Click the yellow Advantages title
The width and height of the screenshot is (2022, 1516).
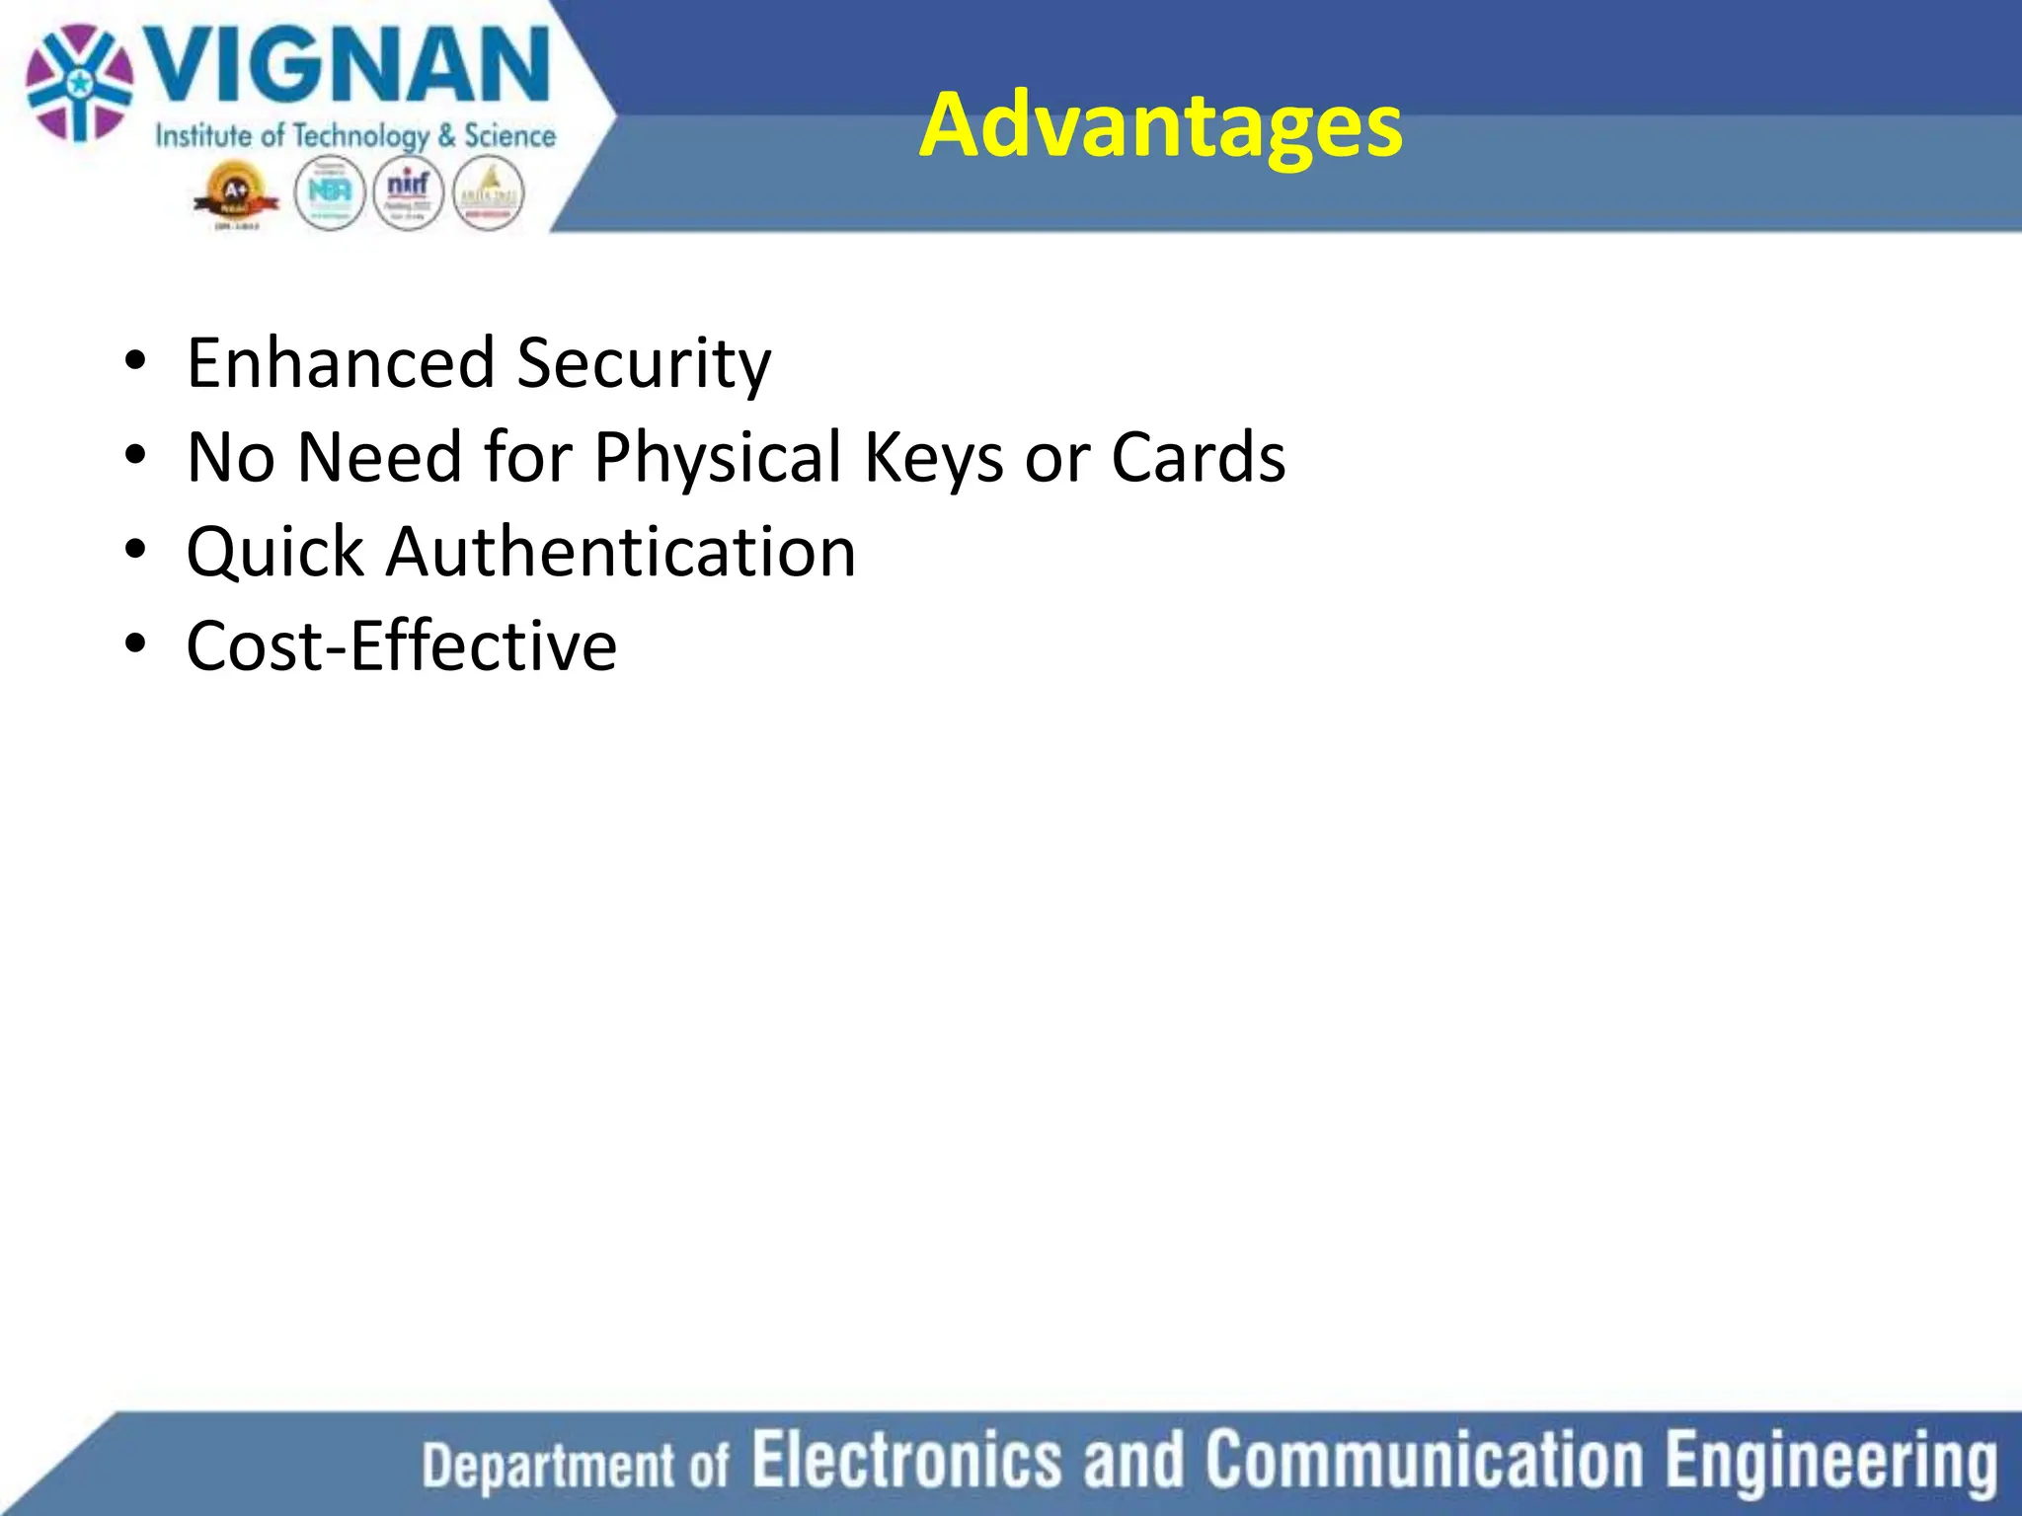tap(1160, 124)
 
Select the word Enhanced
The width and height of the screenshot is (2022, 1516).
tap(340, 362)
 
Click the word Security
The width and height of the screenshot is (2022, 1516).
tap(644, 364)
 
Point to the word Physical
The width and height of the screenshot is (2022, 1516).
tap(718, 458)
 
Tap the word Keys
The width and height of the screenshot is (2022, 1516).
tap(934, 458)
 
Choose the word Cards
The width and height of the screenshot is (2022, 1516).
tap(1198, 457)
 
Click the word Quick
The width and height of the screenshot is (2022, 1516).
tap(274, 552)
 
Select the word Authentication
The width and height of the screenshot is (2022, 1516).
tap(621, 551)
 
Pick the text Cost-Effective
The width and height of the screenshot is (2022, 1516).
tap(401, 645)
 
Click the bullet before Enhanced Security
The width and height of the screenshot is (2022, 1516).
tap(135, 361)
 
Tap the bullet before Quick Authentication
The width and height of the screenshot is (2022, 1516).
tap(135, 550)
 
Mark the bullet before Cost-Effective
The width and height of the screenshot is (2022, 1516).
tap(135, 644)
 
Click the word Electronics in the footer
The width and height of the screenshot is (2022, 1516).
tap(906, 1460)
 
